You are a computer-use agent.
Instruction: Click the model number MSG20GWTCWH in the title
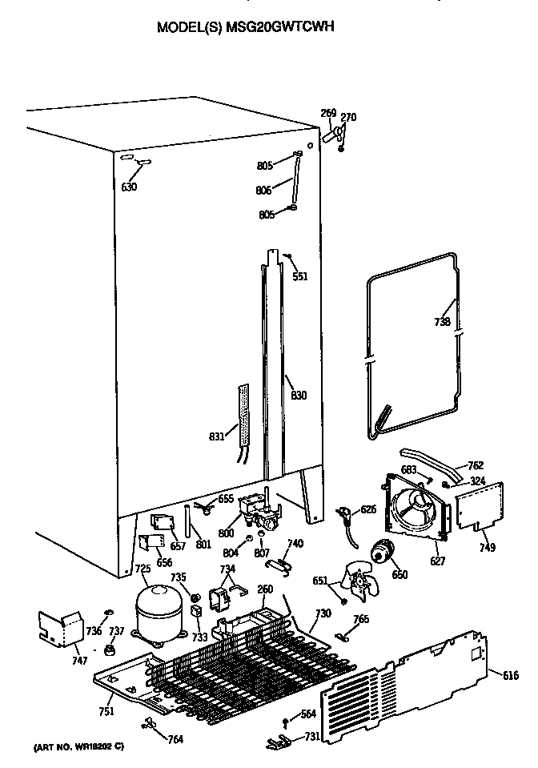279,26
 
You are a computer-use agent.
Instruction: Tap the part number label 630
129,187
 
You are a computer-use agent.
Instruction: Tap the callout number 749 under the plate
487,547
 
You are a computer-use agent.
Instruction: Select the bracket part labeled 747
59,628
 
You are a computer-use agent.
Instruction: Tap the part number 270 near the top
348,118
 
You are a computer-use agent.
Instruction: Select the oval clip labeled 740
277,565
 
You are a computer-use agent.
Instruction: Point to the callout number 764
174,738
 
